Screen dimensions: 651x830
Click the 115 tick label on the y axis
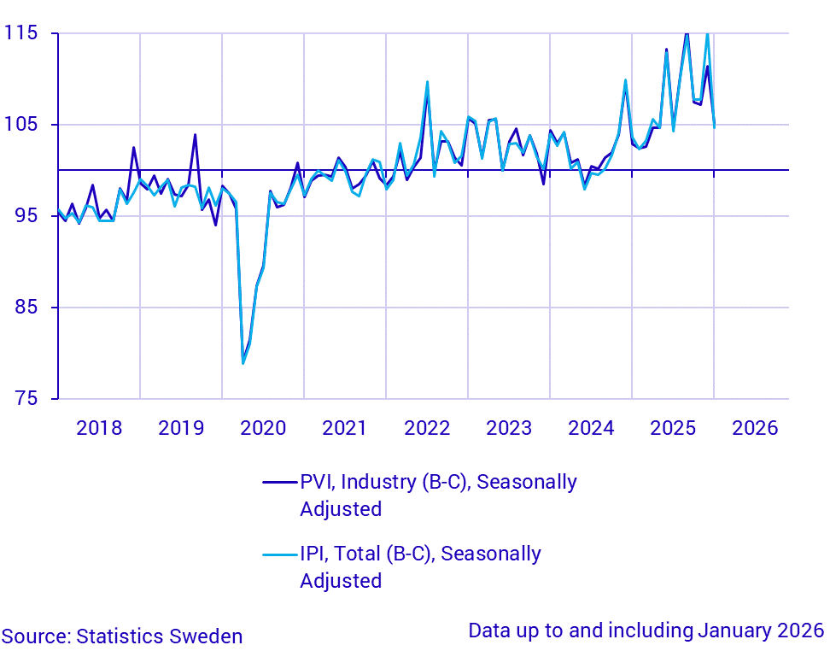[x=20, y=33]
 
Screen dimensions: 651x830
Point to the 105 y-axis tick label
[x=20, y=125]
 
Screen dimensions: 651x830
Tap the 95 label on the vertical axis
[x=26, y=216]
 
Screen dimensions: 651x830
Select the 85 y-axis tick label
[x=26, y=308]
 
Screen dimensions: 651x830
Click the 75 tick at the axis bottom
[x=26, y=399]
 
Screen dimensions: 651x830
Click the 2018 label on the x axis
[x=99, y=428]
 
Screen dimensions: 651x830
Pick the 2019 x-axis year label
[x=181, y=428]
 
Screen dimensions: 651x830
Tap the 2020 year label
[x=263, y=428]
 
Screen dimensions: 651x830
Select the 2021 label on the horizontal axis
[x=345, y=428]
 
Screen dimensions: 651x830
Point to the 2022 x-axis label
[x=427, y=428]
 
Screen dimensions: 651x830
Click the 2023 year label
[x=509, y=428]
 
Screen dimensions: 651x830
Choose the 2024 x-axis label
[x=591, y=428]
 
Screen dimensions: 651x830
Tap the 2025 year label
[x=673, y=428]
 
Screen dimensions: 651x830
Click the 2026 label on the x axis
[x=755, y=428]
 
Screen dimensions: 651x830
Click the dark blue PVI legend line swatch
[x=278, y=483]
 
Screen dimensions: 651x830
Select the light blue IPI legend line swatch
[x=278, y=554]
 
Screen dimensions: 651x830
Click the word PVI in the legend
[x=319, y=483]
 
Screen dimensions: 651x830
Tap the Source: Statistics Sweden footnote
[x=123, y=636]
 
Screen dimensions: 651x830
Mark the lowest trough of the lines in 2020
[x=243, y=363]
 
